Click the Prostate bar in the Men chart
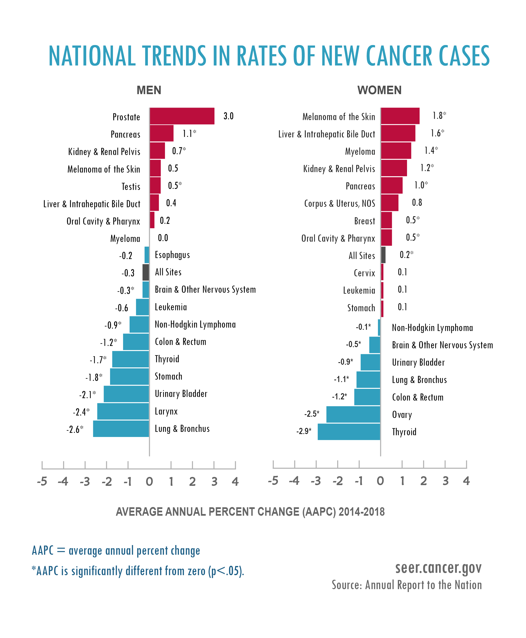[x=182, y=116]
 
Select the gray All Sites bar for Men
[x=146, y=272]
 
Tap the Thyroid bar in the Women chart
[x=349, y=431]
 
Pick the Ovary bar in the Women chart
[x=353, y=414]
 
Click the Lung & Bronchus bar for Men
[x=121, y=429]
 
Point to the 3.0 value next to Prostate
[x=229, y=116]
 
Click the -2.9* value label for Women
[x=304, y=431]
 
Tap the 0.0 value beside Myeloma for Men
[x=163, y=238]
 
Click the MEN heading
[x=149, y=90]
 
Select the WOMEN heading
[x=379, y=90]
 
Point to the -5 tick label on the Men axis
[x=42, y=482]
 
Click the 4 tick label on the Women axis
[x=466, y=481]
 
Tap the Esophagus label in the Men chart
[x=172, y=255]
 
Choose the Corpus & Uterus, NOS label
[x=339, y=203]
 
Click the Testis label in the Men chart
[x=131, y=187]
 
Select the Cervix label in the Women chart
[x=364, y=273]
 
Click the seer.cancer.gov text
[x=438, y=568]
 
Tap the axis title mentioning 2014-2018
[x=250, y=512]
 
